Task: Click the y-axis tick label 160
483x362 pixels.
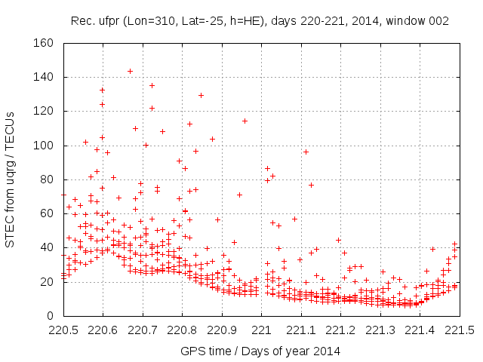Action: [x=42, y=43]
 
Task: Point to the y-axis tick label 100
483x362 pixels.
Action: [x=42, y=146]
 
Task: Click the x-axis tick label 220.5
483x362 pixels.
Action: [x=63, y=330]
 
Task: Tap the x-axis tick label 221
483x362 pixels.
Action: [x=261, y=330]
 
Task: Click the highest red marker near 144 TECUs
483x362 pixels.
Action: [x=130, y=71]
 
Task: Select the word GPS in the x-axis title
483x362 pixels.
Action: [x=192, y=351]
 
